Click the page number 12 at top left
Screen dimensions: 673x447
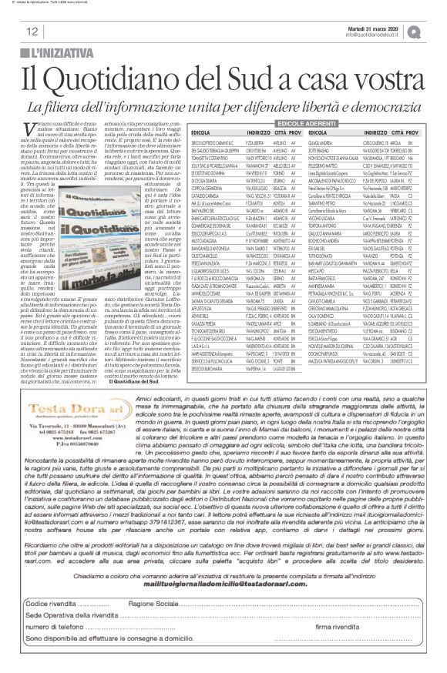coord(32,32)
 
